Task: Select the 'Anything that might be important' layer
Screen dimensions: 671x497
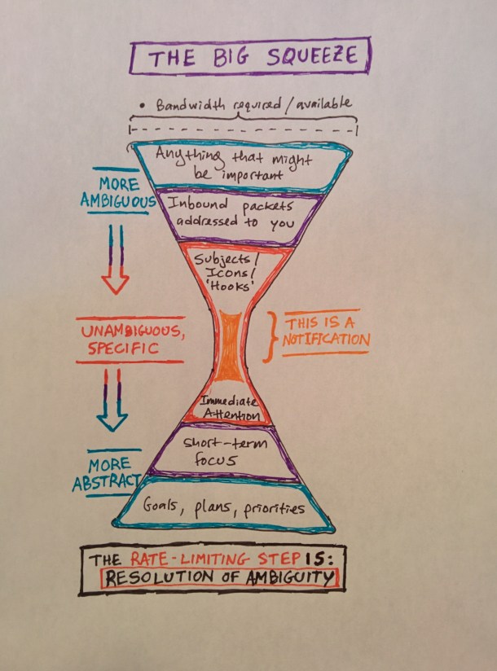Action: (242, 162)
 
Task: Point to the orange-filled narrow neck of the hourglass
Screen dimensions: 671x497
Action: (231, 346)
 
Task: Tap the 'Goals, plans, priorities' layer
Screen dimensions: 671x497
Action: (223, 507)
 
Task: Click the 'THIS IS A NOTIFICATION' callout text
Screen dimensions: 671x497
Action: (325, 332)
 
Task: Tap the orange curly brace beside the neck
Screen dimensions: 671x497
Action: (268, 335)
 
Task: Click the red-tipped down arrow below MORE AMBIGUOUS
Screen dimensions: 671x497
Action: (116, 261)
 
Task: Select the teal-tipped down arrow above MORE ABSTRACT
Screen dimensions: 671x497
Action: (112, 401)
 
